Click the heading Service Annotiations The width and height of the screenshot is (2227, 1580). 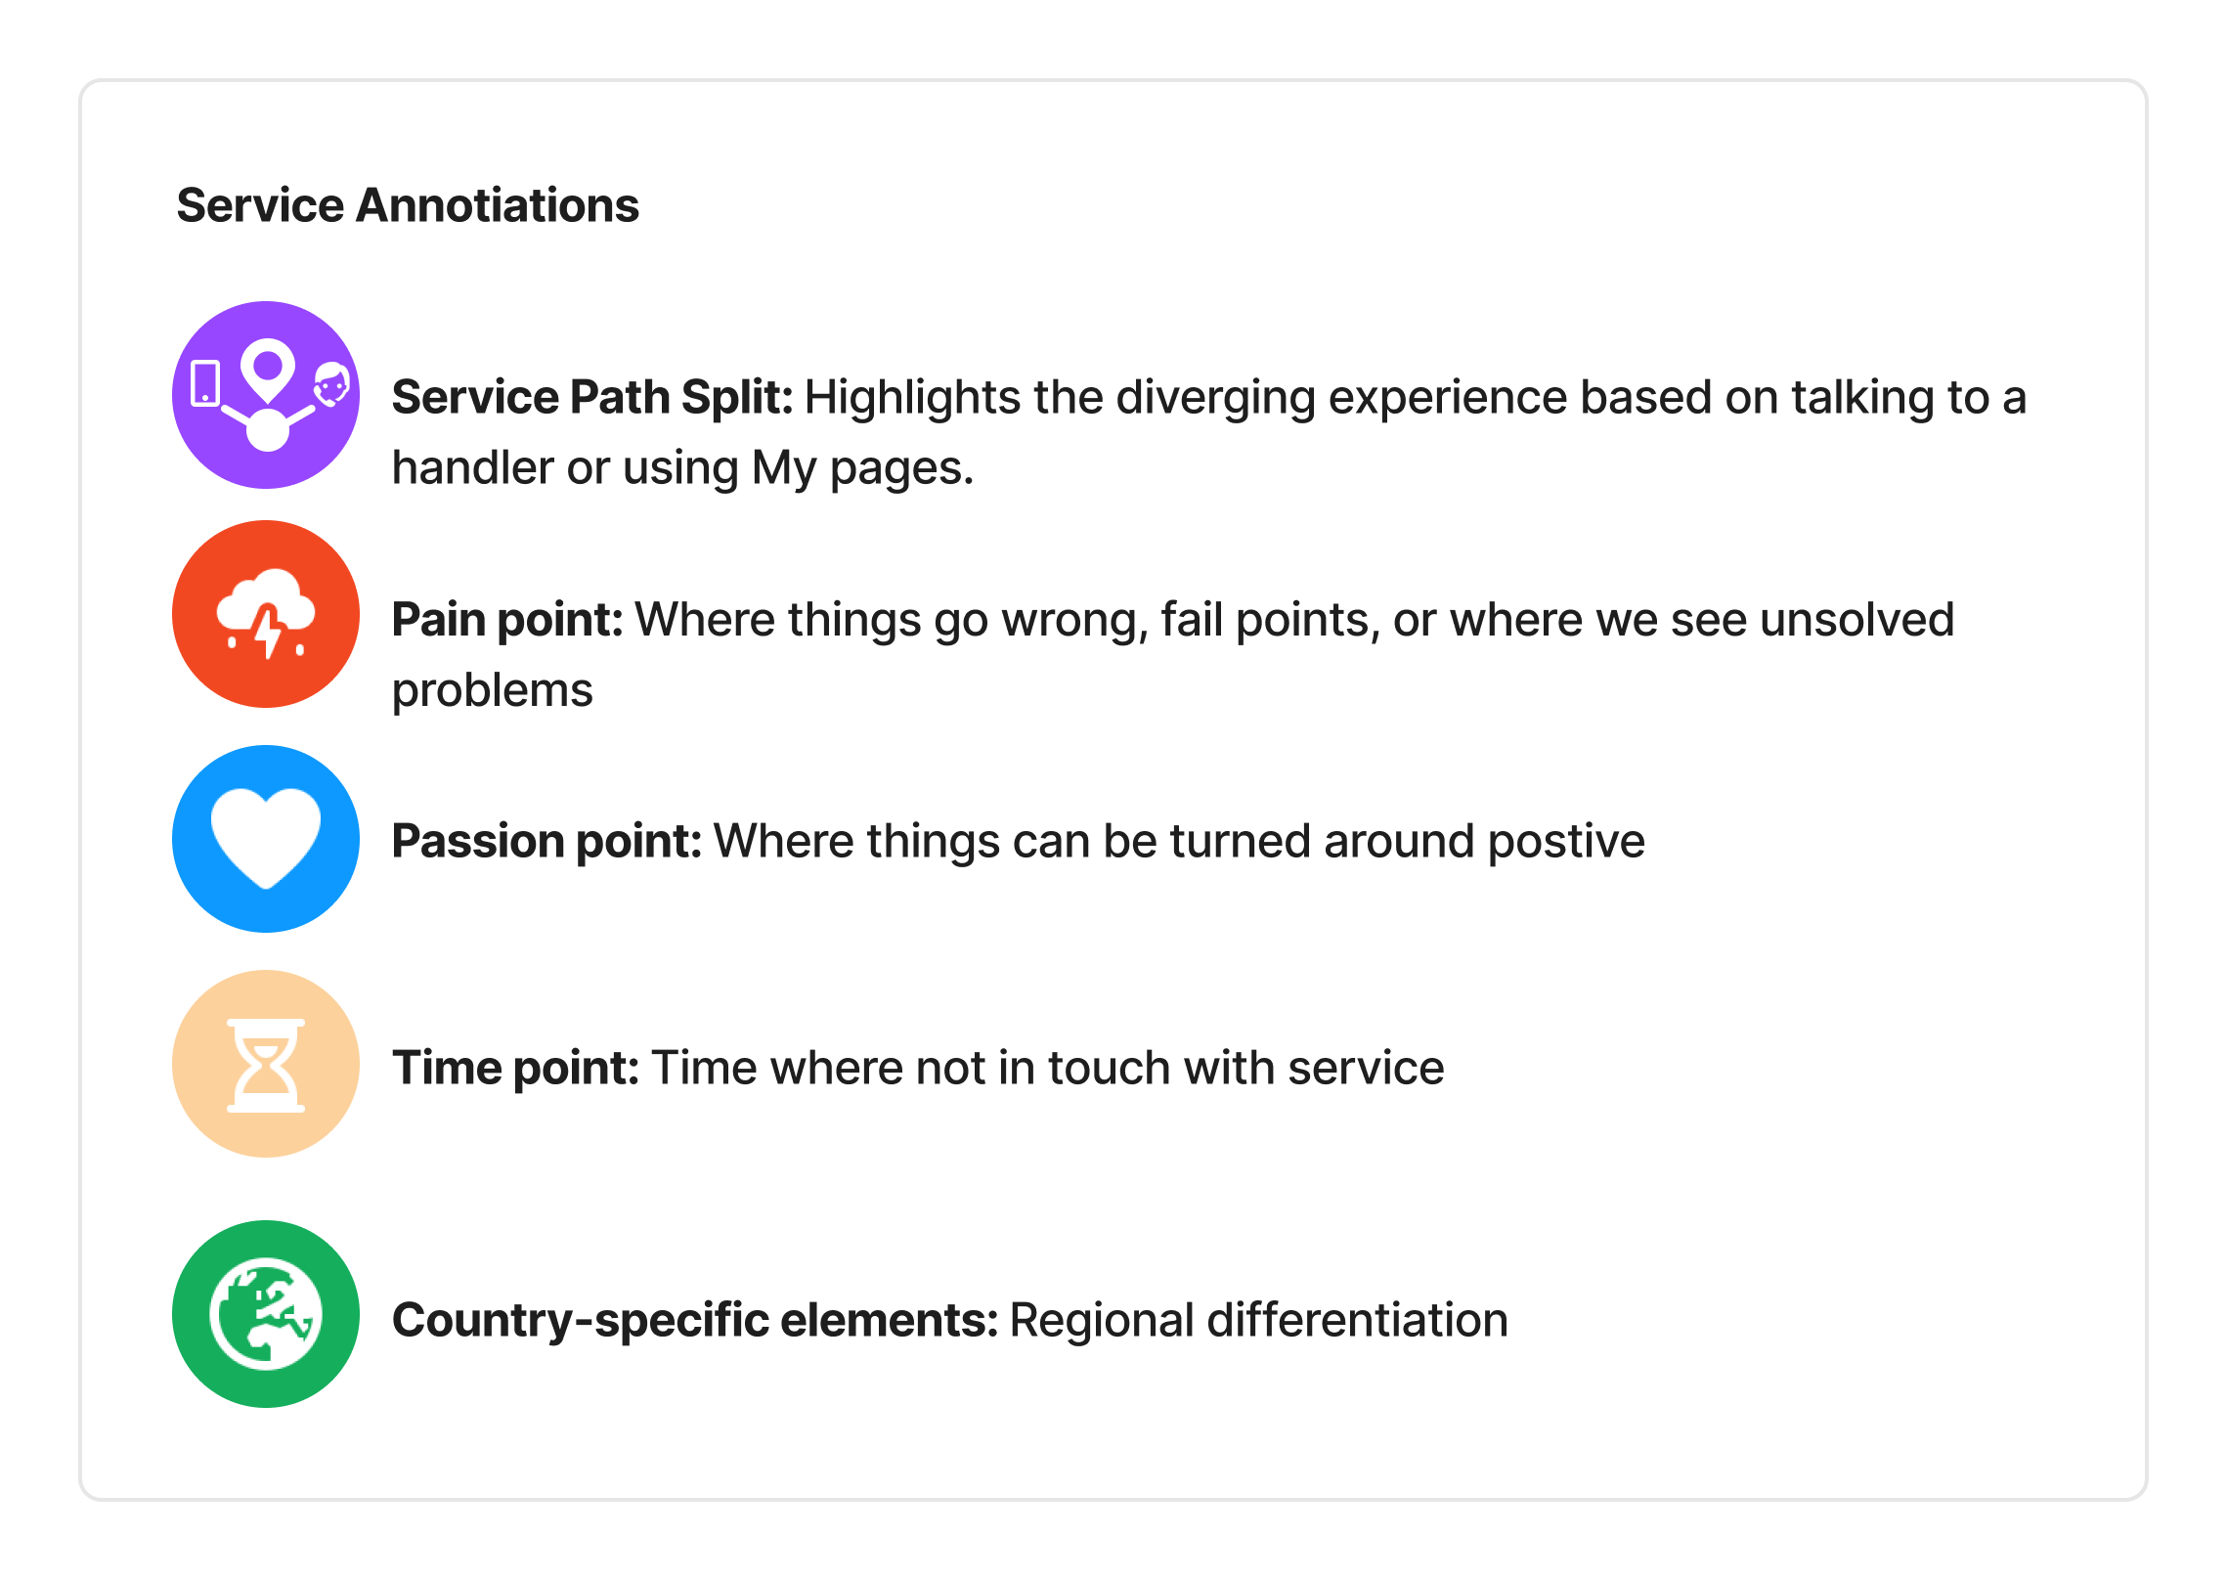408,205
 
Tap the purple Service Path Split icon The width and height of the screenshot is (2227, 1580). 266,395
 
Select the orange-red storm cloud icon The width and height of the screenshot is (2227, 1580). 266,614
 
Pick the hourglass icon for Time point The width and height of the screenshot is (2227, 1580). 266,1065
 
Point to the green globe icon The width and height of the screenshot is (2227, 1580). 266,1314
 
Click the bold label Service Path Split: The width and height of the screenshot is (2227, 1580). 592,398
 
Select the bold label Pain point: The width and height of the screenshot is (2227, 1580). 507,620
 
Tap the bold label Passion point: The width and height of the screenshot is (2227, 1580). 547,842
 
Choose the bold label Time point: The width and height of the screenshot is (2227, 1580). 516,1068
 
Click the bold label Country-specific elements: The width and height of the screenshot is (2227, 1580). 695,1320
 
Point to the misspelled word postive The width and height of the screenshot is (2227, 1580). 1566,842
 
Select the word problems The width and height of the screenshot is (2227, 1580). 493,691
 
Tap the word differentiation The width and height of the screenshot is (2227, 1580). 1358,1320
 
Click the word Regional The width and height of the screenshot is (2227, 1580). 1102,1321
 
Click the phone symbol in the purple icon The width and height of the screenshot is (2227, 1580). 205,383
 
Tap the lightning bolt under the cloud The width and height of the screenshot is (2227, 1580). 268,632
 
